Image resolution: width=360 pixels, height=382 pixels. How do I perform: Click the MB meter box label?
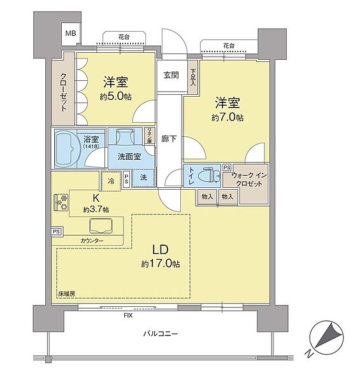coord(69,33)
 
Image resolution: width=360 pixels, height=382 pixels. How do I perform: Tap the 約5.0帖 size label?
coord(116,97)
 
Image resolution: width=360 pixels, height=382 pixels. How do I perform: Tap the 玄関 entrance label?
coord(171,75)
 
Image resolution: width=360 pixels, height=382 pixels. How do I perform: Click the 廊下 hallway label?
coord(169,138)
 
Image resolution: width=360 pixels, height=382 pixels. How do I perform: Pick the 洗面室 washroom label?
coord(129,156)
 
